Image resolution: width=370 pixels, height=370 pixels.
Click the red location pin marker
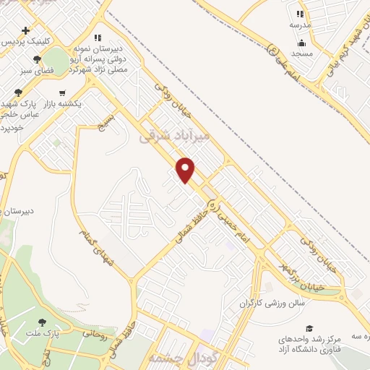186,170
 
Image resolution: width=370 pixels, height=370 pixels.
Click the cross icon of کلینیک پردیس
26,30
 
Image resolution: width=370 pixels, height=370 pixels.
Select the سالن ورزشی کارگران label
269,303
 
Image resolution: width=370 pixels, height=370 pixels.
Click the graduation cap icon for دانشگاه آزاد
309,329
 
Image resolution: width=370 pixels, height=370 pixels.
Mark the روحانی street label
95,334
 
